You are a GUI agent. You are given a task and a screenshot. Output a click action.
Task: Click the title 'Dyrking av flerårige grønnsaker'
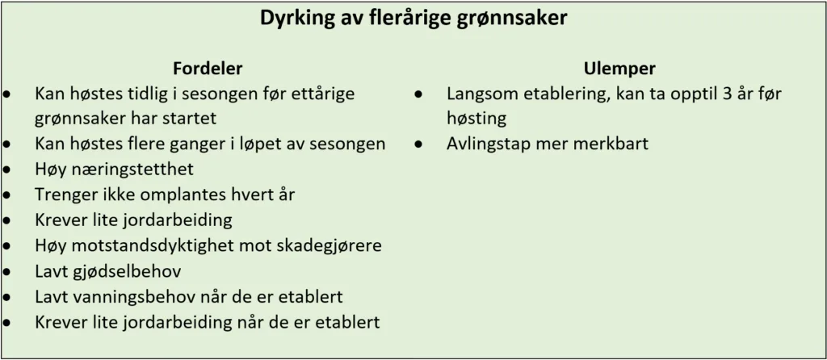point(413,18)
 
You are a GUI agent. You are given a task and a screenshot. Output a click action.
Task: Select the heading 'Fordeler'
point(208,69)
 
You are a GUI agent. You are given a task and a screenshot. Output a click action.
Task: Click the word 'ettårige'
point(323,94)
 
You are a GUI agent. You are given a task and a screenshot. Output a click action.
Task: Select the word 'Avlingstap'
point(487,144)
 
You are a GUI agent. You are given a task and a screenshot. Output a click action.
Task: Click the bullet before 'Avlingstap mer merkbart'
point(418,144)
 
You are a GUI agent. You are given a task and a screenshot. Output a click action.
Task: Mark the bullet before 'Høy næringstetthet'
point(6,170)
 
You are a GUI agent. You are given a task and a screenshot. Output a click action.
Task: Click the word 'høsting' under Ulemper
point(476,119)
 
